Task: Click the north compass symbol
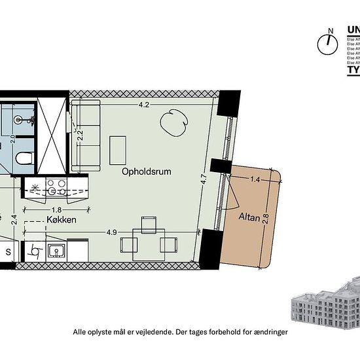[325, 43]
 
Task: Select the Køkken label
[62, 221]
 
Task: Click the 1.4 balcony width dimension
[255, 178]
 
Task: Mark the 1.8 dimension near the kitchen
[57, 209]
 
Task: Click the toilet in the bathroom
[24, 158]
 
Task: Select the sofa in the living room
[86, 136]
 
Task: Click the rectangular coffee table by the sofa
[118, 150]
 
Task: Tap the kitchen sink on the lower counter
[56, 251]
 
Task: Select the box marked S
[9, 251]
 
